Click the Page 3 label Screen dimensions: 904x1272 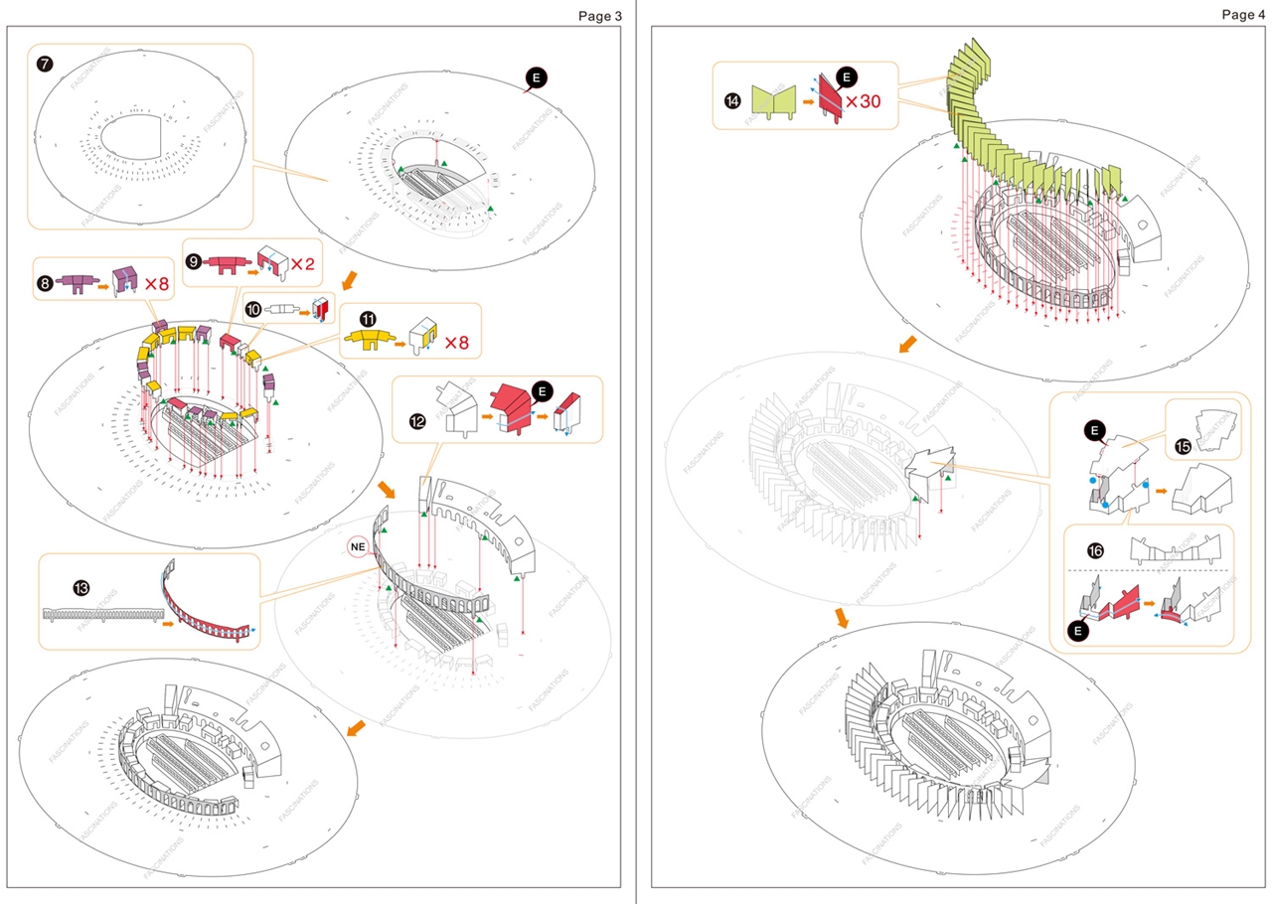pyautogui.click(x=598, y=16)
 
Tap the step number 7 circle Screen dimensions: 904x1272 pyautogui.click(x=46, y=65)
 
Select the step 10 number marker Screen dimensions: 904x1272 pyautogui.click(x=254, y=310)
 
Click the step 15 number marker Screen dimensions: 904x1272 pyautogui.click(x=1183, y=447)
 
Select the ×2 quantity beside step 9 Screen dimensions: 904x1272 pyautogui.click(x=302, y=264)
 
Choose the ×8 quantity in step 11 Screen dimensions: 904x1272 pyautogui.click(x=456, y=343)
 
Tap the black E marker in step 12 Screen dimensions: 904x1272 pyautogui.click(x=542, y=391)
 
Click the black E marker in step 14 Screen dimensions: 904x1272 pyautogui.click(x=846, y=76)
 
